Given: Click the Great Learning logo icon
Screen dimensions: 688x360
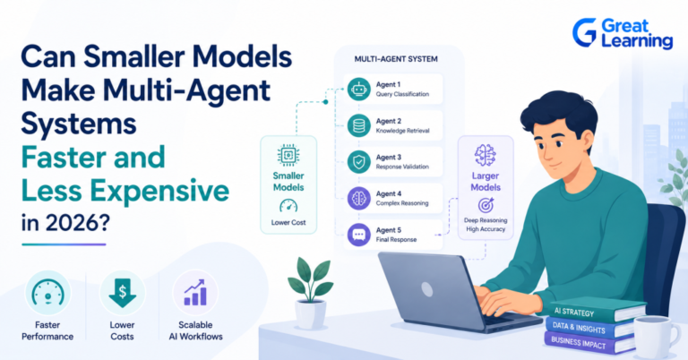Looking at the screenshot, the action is point(585,32).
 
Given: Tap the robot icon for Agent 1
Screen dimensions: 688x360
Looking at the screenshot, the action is point(359,89).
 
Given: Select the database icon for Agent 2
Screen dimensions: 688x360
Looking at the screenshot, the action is point(359,125).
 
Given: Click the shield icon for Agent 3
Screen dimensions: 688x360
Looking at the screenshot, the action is point(359,162).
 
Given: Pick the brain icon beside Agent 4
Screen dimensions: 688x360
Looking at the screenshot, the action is point(359,198).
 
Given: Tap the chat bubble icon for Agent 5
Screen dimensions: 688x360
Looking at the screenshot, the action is point(359,235).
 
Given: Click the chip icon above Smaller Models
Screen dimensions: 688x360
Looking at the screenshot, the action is point(288,155).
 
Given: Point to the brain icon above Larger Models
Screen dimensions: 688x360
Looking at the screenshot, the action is point(486,155).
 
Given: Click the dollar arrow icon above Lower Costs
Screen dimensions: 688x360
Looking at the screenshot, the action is point(123,293).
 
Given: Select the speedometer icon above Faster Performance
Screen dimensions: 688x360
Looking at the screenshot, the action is point(47,293).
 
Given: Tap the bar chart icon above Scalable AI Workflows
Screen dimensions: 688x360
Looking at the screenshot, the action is point(195,293).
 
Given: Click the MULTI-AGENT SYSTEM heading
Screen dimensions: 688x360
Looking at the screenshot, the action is point(396,59).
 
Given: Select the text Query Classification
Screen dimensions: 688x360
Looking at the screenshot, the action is point(402,94).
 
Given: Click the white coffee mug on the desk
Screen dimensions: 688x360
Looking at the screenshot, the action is point(650,337).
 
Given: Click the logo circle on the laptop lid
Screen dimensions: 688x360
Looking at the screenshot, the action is point(427,288).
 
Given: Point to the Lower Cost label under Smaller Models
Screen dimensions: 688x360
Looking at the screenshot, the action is point(288,222).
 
